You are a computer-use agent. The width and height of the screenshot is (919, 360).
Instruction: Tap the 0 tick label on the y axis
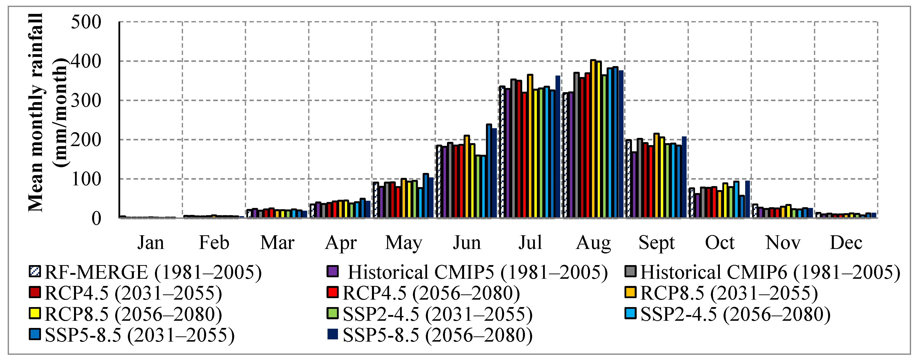[x=96, y=218]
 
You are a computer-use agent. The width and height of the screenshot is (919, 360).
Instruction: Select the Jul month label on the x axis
[x=530, y=243]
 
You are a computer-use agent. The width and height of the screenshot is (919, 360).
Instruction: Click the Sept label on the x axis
[x=657, y=243]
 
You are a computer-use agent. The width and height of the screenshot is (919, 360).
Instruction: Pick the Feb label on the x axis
[x=214, y=243]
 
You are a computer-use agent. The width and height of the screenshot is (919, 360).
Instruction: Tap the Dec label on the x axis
[x=846, y=243]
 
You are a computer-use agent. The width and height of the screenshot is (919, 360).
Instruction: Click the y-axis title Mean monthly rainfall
[x=36, y=112]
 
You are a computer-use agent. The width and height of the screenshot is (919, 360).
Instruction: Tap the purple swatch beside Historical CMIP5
[x=332, y=272]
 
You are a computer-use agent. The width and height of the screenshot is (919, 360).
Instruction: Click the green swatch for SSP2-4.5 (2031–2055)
[x=332, y=314]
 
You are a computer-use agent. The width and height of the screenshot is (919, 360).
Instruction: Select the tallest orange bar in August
[x=593, y=139]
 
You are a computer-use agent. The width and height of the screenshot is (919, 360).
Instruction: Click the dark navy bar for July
[x=558, y=146]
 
